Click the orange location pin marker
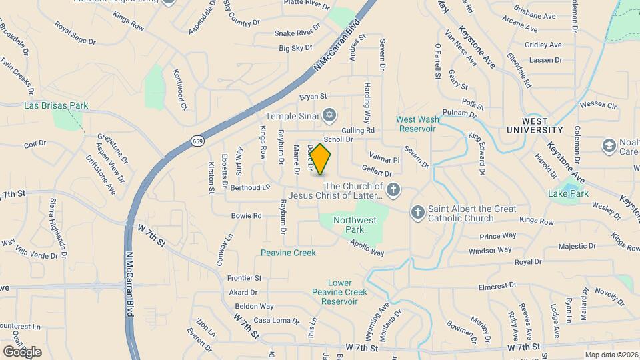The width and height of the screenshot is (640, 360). tap(321, 159)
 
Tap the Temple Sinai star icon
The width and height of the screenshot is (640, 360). tap(328, 116)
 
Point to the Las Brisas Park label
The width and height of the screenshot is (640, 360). tap(56, 105)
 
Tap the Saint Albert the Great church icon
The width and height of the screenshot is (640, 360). tap(418, 213)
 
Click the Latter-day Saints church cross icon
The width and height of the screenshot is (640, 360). tap(393, 191)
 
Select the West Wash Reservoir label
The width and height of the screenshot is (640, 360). tap(417, 123)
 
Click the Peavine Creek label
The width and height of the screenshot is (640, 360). tap(288, 253)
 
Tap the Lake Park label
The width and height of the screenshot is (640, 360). tap(568, 193)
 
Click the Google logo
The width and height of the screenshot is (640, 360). tap(22, 351)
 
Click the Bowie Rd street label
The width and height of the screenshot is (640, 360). tap(246, 216)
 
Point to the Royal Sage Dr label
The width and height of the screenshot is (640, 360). tap(75, 33)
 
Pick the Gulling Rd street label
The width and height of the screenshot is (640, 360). tap(358, 130)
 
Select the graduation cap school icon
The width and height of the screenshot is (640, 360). tap(608, 145)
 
